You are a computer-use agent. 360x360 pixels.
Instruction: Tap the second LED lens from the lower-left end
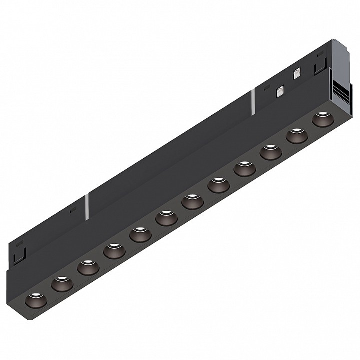61,283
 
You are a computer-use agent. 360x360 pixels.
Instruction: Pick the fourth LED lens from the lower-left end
114,251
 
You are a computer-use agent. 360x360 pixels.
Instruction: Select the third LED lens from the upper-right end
270,152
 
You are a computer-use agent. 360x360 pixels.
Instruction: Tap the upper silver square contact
296,73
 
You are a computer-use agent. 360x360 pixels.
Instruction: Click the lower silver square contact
280,91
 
